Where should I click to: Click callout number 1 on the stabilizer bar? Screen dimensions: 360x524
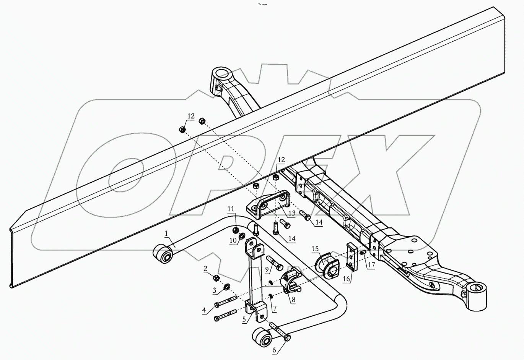pos(166,233)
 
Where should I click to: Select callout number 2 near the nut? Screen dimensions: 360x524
pos(205,269)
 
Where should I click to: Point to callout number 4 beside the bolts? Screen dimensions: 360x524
pos(205,310)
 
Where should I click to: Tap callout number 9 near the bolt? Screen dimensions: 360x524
pos(267,270)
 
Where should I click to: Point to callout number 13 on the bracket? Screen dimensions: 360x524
pos(292,213)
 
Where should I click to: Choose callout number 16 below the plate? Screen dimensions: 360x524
pos(346,279)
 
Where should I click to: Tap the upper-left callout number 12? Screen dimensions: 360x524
pos(191,116)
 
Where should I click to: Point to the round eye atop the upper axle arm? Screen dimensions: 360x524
pos(221,73)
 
